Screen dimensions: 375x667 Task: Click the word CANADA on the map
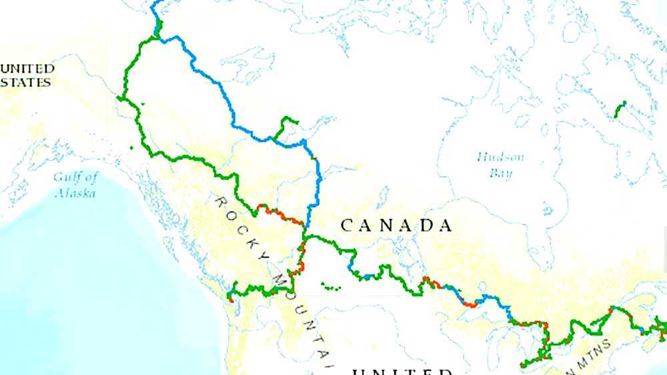(x=396, y=226)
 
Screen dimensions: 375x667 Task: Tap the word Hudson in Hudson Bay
(x=500, y=157)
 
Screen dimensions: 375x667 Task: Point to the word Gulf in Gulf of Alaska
(x=67, y=177)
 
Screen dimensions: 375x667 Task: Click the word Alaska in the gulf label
(x=75, y=193)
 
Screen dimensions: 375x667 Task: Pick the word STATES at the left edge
(x=25, y=83)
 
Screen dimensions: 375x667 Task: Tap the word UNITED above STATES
(x=27, y=69)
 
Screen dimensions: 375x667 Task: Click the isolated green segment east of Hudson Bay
(x=620, y=110)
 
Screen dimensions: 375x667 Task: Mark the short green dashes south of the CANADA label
(x=330, y=288)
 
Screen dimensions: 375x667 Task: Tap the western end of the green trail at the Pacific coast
(x=231, y=298)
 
